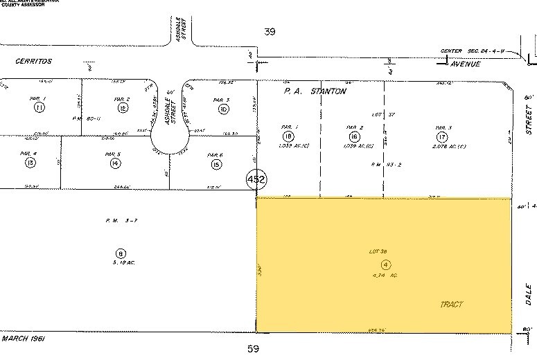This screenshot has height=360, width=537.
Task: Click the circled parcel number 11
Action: coord(39,108)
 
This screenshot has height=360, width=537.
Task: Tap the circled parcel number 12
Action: coord(123,108)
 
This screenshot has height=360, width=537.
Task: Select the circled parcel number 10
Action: coord(223,109)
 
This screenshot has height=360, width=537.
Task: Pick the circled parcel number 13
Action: coord(30,163)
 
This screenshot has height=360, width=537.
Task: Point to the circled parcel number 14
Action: coord(114,163)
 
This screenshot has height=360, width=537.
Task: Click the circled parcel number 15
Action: coord(217,164)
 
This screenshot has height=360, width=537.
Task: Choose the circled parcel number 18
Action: coord(288,136)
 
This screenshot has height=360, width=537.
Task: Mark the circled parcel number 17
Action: coord(442,136)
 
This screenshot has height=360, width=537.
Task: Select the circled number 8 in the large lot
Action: coord(121,253)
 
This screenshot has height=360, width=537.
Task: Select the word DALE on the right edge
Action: coord(529,294)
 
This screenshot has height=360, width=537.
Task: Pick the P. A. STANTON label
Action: coord(315,91)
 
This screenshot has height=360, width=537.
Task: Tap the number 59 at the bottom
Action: coord(254,349)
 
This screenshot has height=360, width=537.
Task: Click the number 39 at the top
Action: coord(270,32)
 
